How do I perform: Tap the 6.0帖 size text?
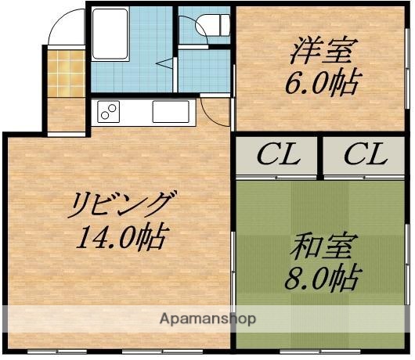[323, 82]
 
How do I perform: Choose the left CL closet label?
[279, 155]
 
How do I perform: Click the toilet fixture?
[213, 27]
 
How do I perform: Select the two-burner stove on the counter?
[107, 113]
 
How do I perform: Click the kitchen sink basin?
[170, 112]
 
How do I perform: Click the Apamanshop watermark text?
[208, 319]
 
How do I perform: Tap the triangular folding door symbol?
[164, 64]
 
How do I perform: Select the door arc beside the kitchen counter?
[215, 112]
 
